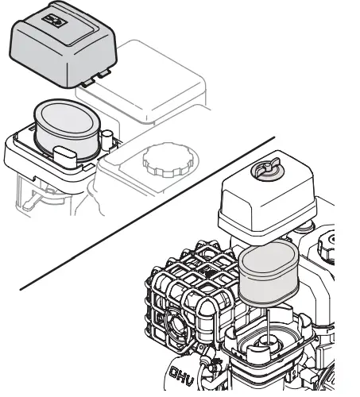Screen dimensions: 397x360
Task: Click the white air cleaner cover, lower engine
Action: pos(262,206)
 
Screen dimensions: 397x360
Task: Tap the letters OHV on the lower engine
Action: pos(184,372)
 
